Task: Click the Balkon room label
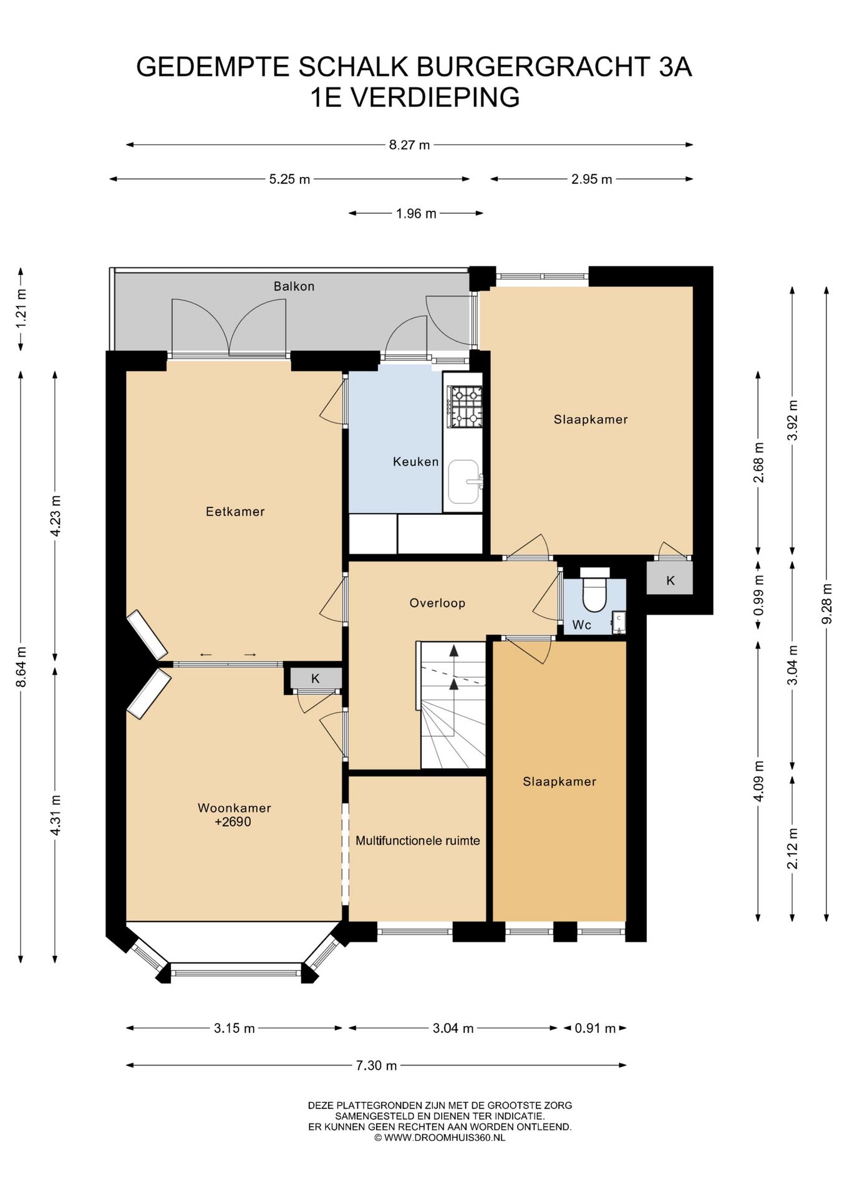[294, 286]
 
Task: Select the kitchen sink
[464, 481]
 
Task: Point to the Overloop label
[437, 603]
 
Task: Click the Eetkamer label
[235, 511]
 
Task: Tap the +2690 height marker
[233, 822]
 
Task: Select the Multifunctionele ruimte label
[418, 840]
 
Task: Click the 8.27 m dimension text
[410, 145]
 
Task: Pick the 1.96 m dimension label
[416, 213]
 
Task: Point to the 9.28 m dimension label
[827, 603]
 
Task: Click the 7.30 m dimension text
[377, 1065]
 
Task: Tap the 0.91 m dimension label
[595, 1028]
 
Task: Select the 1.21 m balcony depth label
[21, 309]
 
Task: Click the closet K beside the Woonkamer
[316, 678]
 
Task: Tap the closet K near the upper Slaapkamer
[670, 580]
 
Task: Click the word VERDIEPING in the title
[435, 97]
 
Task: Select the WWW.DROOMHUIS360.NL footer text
[445, 1138]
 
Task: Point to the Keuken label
[416, 461]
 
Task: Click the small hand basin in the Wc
[618, 622]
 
